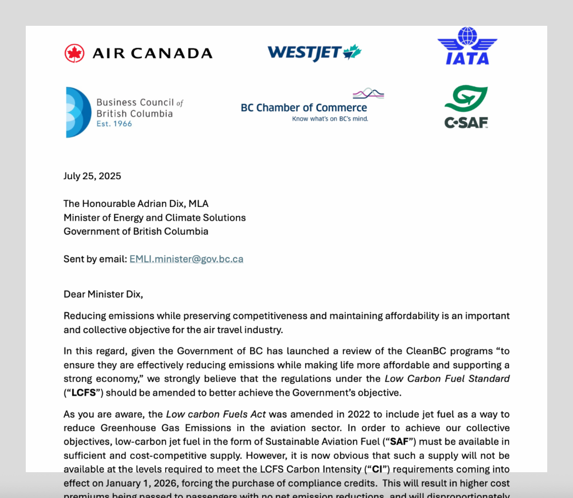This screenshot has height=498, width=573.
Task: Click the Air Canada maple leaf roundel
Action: tap(74, 53)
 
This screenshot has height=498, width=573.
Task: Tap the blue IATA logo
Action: tap(467, 46)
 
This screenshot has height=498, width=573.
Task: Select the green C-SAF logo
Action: tap(466, 107)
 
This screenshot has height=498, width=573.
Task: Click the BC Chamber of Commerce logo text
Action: tap(304, 108)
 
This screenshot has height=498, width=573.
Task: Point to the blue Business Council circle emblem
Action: tap(78, 112)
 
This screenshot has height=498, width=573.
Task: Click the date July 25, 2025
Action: tap(92, 176)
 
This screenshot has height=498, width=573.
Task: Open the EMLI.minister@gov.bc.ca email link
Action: tap(186, 259)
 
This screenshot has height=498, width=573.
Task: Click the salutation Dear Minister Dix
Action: tap(103, 294)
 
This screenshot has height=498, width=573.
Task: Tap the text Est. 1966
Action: tap(114, 124)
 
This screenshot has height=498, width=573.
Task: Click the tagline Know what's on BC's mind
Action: tap(330, 119)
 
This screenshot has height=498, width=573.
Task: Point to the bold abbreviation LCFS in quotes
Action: tap(84, 393)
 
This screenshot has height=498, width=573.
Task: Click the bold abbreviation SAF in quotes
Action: tap(399, 442)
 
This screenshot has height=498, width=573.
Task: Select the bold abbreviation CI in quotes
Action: tap(377, 469)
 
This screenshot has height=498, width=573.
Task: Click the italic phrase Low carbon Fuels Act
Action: tap(216, 414)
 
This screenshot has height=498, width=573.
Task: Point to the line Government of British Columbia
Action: tap(136, 231)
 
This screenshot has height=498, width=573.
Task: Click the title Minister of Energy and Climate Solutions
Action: tap(154, 217)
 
